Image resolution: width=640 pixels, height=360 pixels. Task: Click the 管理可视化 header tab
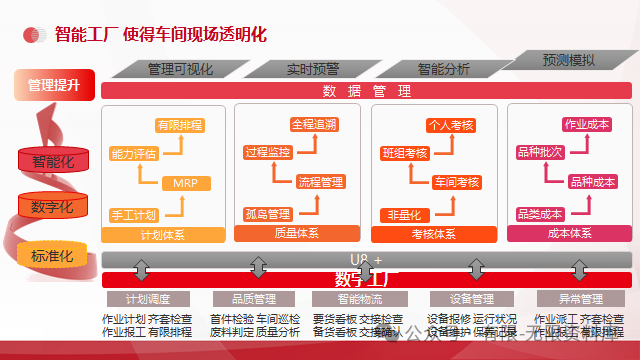point(180,69)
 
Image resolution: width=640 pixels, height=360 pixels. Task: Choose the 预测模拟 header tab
point(568,60)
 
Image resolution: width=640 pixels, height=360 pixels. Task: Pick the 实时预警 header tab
point(313,69)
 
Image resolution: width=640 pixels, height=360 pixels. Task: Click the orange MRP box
point(184,183)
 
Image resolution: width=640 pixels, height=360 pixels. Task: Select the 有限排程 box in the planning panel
point(179,125)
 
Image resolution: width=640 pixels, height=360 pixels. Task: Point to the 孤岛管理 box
point(267,213)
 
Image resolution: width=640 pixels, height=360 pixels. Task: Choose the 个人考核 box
point(450,125)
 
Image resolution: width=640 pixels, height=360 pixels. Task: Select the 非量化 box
point(403,214)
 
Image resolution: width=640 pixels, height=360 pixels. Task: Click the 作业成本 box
point(587,124)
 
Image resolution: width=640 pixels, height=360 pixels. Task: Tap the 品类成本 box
point(540,213)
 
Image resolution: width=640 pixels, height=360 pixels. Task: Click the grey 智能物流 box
point(360,298)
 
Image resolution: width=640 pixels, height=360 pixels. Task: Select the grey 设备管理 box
point(468,298)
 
